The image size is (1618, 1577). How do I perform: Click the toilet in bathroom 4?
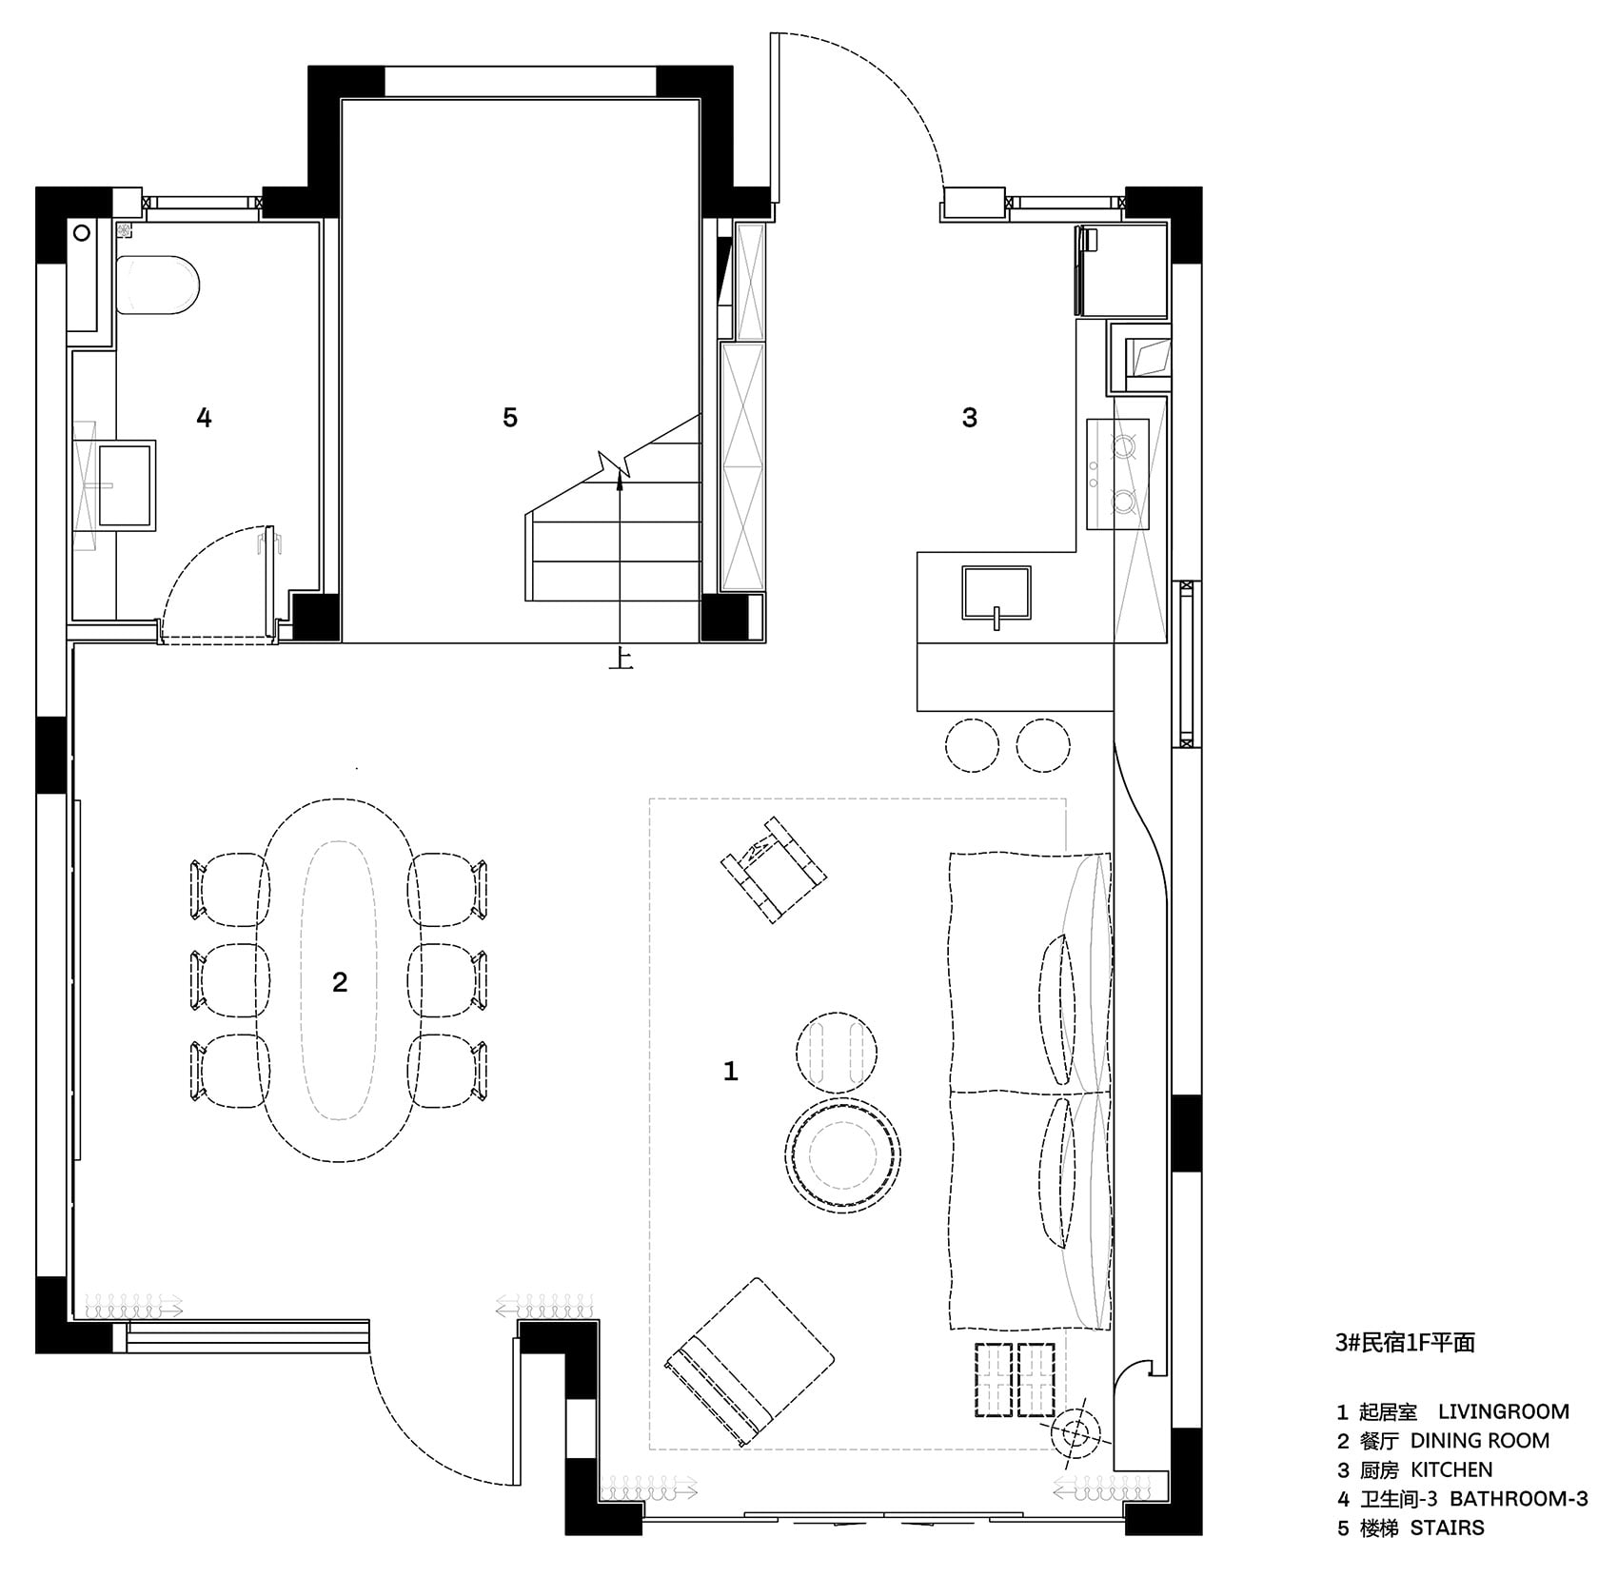(x=158, y=286)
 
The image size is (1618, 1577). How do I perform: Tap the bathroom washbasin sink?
(x=126, y=483)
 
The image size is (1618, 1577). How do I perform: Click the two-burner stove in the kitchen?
(x=1118, y=474)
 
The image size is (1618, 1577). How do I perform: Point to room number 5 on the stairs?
(x=510, y=417)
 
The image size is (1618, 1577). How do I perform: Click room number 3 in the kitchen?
(x=970, y=417)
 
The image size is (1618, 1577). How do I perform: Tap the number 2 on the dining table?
(x=340, y=982)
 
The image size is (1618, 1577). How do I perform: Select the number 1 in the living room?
(x=730, y=1072)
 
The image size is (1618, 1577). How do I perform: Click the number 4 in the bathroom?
(x=204, y=417)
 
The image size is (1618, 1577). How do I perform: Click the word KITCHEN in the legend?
(x=1451, y=1469)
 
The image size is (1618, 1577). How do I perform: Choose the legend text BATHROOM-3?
(x=1519, y=1499)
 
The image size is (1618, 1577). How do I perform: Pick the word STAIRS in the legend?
(x=1447, y=1528)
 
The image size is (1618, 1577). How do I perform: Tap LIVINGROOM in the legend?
(x=1504, y=1412)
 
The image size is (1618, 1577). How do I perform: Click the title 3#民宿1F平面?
(x=1405, y=1342)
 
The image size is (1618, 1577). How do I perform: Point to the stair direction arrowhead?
(x=620, y=482)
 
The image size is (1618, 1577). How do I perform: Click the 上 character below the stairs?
(x=621, y=659)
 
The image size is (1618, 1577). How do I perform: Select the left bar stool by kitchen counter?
(x=973, y=744)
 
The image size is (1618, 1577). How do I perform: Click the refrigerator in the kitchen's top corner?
(x=1121, y=270)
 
